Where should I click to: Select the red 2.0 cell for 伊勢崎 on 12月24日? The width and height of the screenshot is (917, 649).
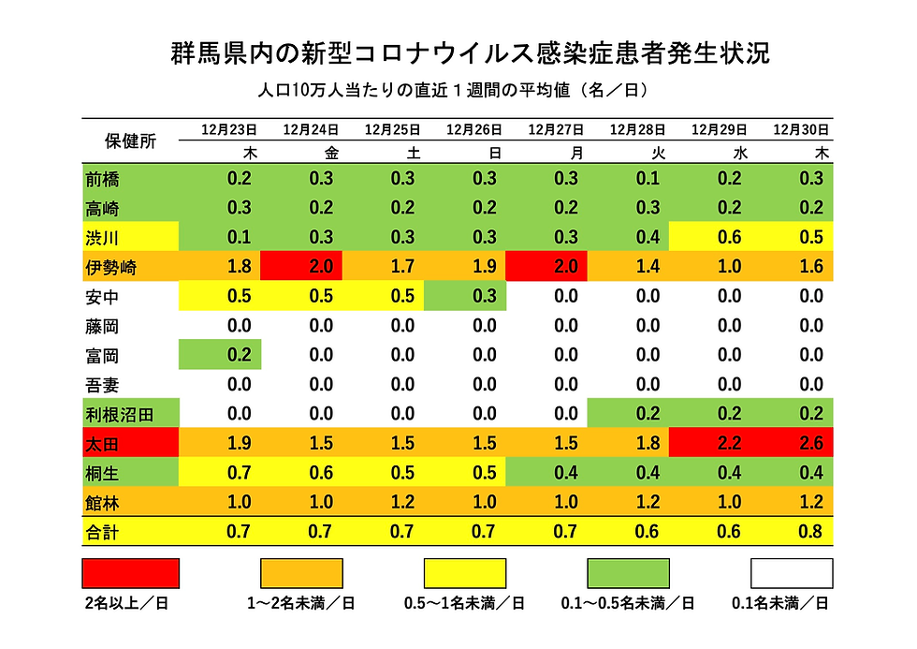[x=302, y=267]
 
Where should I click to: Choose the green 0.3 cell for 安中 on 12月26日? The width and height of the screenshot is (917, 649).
[x=465, y=297]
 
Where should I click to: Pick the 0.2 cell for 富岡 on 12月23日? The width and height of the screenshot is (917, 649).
[x=220, y=356]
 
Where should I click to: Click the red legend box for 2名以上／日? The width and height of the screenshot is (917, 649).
[x=131, y=572]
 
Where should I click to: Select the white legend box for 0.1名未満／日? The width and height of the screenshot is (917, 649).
[x=791, y=572]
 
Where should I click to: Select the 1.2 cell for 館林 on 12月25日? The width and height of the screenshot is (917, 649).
[x=384, y=503]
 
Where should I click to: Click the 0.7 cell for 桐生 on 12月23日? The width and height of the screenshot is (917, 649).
[x=220, y=474]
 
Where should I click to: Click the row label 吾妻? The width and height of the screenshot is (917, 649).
[x=102, y=385]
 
